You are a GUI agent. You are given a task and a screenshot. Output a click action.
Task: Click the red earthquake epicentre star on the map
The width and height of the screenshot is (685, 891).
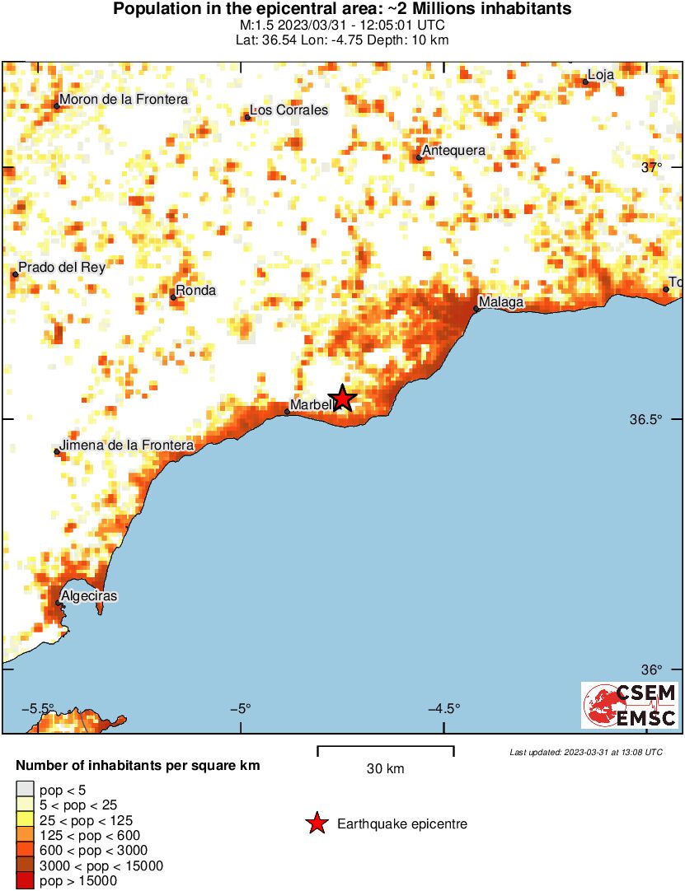pyautogui.click(x=342, y=399)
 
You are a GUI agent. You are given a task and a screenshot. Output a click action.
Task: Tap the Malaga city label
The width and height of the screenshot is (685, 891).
pyautogui.click(x=501, y=303)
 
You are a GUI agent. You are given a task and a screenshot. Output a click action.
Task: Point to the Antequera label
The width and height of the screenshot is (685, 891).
pyautogui.click(x=453, y=151)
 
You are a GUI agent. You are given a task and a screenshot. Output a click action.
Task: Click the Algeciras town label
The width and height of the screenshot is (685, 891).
pyautogui.click(x=89, y=596)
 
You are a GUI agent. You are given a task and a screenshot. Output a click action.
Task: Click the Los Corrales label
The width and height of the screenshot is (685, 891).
pyautogui.click(x=289, y=110)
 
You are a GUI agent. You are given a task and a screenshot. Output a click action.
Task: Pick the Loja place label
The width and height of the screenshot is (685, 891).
pyautogui.click(x=600, y=75)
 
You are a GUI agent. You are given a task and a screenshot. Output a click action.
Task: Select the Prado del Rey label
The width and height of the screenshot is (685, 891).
pyautogui.click(x=61, y=267)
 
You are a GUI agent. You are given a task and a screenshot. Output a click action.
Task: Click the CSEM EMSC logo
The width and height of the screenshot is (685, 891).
pyautogui.click(x=630, y=705)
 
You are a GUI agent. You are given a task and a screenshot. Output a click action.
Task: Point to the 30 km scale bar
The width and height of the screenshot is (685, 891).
pyautogui.click(x=386, y=749)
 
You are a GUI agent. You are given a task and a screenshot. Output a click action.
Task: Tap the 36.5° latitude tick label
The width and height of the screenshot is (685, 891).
pyautogui.click(x=646, y=419)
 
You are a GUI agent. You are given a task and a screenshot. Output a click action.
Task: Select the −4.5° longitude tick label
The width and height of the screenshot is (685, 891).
pyautogui.click(x=444, y=708)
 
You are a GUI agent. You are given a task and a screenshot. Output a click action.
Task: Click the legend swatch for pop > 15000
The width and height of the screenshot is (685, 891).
pyautogui.click(x=25, y=880)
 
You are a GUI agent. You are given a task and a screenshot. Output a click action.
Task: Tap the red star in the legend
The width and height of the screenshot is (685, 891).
pyautogui.click(x=317, y=823)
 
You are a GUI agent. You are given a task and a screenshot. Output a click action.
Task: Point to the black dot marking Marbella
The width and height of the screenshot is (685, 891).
pyautogui.click(x=287, y=412)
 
